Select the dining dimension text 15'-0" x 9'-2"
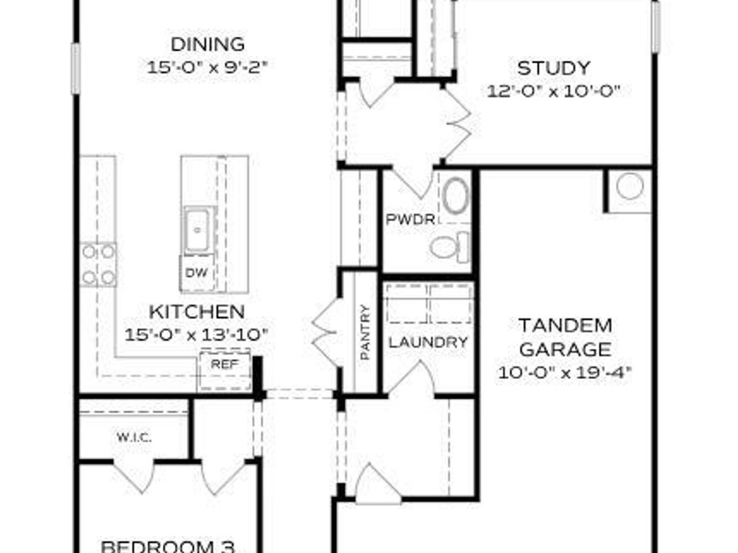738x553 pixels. (208, 67)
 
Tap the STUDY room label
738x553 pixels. (553, 68)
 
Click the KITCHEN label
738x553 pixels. (197, 312)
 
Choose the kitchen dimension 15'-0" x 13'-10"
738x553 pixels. (197, 335)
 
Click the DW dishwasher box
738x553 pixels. (197, 273)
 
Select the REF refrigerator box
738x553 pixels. (224, 364)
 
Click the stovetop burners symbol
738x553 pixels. (98, 265)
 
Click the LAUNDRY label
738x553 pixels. (428, 342)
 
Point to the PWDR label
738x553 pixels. (410, 219)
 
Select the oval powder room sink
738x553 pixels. (457, 196)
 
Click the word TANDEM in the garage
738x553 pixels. (565, 325)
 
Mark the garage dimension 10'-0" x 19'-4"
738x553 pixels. (565, 373)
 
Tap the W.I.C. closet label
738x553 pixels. (134, 438)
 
